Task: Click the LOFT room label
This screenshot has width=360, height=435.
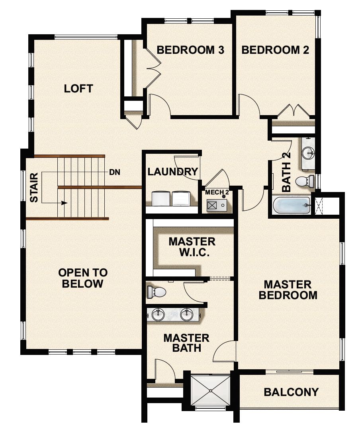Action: (x=78, y=88)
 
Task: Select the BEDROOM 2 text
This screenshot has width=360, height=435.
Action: (x=275, y=50)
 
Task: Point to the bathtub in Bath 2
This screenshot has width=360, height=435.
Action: (x=291, y=206)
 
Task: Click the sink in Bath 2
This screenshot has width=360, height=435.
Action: (x=307, y=152)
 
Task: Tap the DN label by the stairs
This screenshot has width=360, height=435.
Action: (x=115, y=172)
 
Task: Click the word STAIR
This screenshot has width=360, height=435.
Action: (x=34, y=187)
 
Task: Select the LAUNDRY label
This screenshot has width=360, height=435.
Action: (x=173, y=172)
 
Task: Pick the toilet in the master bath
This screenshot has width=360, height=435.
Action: (x=157, y=292)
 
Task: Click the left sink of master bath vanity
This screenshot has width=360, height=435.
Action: (x=158, y=315)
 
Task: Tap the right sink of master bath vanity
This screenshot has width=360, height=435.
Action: (x=186, y=315)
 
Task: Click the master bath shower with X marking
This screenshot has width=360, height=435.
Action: (x=211, y=390)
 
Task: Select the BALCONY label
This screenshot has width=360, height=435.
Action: (x=291, y=392)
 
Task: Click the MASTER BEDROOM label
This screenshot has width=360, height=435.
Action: (x=288, y=290)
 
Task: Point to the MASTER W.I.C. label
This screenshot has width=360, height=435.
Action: (x=192, y=247)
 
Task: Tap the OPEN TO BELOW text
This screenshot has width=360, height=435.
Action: (x=83, y=278)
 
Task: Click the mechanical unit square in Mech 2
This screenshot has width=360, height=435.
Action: (x=212, y=206)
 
